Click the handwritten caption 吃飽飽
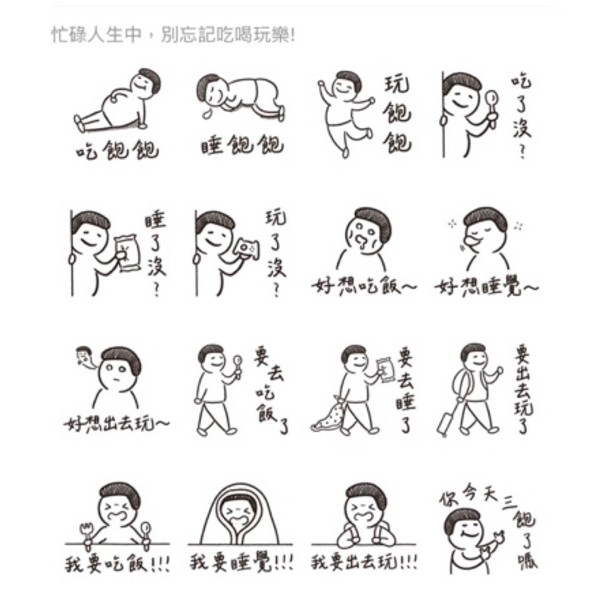click(x=117, y=149)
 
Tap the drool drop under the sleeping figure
click(x=207, y=114)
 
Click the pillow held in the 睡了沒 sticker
click(x=127, y=253)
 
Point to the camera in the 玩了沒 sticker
click(x=247, y=248)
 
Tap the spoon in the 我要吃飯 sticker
click(x=146, y=534)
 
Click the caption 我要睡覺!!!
click(x=241, y=563)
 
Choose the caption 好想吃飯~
click(x=363, y=286)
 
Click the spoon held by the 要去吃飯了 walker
click(x=238, y=366)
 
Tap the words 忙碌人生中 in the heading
click(x=97, y=35)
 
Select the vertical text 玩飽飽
click(x=397, y=114)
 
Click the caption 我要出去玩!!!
click(x=364, y=562)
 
